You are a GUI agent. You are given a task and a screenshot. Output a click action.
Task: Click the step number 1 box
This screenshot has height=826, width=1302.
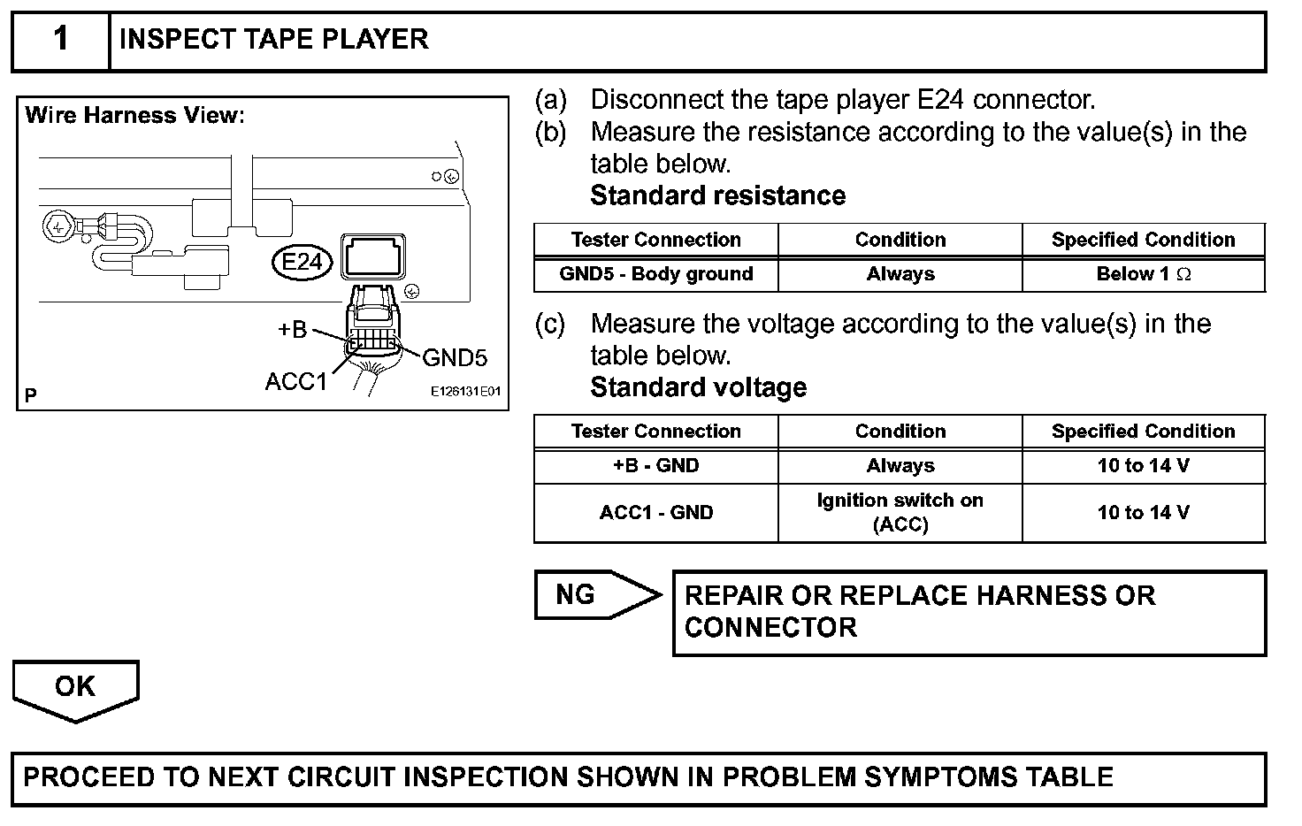point(60,40)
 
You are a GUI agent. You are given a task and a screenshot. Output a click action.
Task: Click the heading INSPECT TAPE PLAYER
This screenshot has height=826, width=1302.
point(273,40)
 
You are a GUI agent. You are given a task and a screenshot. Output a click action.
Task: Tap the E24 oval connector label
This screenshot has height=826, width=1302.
point(302,263)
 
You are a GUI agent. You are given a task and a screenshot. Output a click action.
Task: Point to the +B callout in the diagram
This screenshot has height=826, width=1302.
point(293,330)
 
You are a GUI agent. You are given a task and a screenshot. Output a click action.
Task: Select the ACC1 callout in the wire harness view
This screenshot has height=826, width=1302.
point(296,381)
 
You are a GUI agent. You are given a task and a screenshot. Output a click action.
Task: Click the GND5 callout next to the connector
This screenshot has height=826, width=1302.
point(455,357)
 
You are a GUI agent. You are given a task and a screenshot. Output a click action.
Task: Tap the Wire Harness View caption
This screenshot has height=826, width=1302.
point(134,116)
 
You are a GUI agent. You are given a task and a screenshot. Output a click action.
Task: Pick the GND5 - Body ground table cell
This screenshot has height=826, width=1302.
point(655,274)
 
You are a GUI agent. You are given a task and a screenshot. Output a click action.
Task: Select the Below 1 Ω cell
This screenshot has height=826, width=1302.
point(1143,274)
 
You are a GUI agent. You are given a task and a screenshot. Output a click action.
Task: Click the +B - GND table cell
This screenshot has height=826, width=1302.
point(655,466)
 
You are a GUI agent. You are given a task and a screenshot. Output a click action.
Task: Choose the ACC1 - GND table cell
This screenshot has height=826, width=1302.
point(655,513)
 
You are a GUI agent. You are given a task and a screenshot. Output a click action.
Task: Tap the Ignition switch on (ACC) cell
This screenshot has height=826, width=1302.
point(900,513)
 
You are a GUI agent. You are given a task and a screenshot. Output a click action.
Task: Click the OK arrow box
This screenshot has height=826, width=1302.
point(75,687)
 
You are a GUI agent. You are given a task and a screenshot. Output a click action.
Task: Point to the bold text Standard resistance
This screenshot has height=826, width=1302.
point(717,195)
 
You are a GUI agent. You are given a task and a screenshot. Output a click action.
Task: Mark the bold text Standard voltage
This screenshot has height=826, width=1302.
point(698,387)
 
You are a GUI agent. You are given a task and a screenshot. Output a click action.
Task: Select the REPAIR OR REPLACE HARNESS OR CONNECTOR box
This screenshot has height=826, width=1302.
point(969,612)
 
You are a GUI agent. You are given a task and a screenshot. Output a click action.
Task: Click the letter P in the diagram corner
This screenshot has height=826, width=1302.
point(31,395)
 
